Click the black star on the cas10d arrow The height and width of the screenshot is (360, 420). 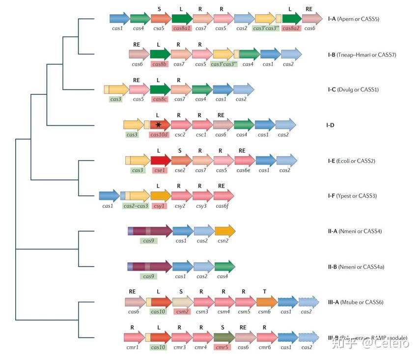159,125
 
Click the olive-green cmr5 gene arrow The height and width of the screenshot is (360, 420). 224,337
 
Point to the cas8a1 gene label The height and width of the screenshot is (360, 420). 182,28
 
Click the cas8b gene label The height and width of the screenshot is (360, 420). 160,64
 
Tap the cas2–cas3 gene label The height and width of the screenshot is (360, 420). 136,206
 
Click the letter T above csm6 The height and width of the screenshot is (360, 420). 265,291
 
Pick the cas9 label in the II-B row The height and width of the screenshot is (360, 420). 148,277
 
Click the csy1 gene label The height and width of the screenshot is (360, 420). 160,206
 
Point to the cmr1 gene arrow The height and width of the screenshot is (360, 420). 133,337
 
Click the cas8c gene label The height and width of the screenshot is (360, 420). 160,99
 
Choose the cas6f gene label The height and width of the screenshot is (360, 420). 223,206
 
